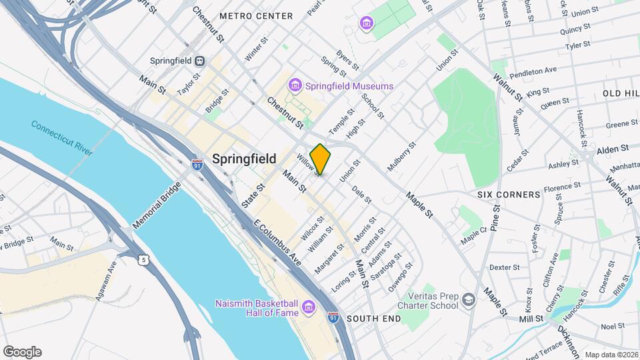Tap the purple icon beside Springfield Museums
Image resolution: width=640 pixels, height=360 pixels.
[295, 86]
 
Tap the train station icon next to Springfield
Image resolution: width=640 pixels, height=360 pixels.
[199, 59]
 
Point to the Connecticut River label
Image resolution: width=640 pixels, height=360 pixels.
[61, 137]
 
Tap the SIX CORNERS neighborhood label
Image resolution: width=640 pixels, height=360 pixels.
[509, 195]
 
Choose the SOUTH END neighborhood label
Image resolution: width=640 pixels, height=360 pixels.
[373, 319]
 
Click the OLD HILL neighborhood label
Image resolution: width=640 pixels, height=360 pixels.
[620, 93]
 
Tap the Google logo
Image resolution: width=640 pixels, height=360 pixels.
[22, 351]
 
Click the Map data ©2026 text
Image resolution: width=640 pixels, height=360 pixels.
[611, 355]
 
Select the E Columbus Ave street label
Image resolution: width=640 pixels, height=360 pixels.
[276, 245]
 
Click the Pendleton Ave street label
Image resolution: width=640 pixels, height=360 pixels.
[532, 71]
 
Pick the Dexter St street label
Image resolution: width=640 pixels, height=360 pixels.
[504, 267]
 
